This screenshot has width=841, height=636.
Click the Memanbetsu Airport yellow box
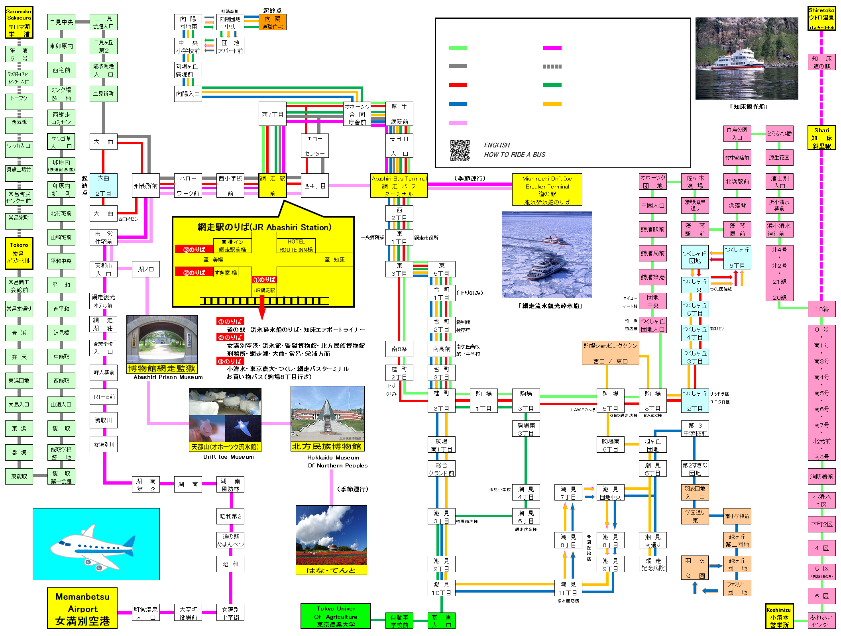point(82,608)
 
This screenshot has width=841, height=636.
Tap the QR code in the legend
point(460,150)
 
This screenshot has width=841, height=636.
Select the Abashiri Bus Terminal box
point(399,185)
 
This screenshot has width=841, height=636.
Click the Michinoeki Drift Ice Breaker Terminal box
point(547,190)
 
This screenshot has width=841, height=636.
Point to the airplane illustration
point(96,544)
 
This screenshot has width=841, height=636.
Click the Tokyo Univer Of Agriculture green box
point(336,616)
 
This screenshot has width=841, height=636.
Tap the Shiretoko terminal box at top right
point(821,18)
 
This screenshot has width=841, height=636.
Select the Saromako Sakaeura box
point(19,22)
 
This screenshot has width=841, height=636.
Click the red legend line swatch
point(458,85)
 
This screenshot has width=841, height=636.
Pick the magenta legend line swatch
point(552,48)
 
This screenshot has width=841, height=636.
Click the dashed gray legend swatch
point(552,67)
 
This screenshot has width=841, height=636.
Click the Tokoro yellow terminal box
point(19,253)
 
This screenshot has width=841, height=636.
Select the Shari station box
point(821,138)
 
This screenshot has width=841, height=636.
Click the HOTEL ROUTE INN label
point(296,245)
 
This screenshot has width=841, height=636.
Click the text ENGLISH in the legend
point(497,145)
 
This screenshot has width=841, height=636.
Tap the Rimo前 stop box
point(104,397)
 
